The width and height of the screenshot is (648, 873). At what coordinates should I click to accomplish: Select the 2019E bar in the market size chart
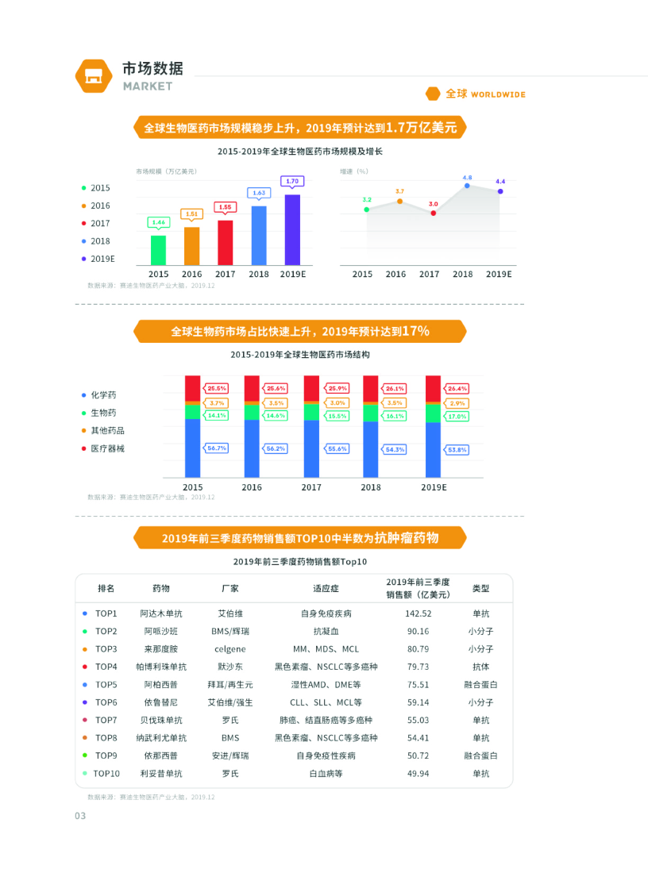click(x=292, y=229)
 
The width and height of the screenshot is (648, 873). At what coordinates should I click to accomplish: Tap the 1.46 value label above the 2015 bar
click(x=159, y=222)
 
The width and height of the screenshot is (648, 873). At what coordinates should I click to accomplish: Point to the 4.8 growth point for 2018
click(x=467, y=186)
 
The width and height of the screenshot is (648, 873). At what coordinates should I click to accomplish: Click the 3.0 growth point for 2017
click(x=434, y=213)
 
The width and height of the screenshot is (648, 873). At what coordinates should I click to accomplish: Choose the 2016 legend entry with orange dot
click(x=96, y=206)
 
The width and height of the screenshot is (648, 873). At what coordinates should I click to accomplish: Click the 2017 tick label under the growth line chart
click(x=429, y=275)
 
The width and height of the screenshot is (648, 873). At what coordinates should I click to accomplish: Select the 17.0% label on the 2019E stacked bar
click(x=457, y=416)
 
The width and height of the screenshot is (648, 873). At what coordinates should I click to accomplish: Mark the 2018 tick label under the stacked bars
click(x=372, y=487)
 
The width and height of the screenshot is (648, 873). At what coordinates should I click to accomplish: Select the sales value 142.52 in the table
click(x=418, y=613)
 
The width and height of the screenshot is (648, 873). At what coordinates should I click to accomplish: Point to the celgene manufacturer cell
click(x=229, y=649)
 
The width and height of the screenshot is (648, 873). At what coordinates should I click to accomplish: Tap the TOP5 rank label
click(x=106, y=684)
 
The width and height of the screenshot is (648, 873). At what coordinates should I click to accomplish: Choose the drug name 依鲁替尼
click(x=160, y=702)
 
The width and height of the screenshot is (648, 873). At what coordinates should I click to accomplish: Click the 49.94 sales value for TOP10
click(x=418, y=773)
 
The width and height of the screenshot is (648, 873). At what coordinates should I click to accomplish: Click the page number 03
click(x=80, y=816)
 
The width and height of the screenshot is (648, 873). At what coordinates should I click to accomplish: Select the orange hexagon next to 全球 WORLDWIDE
click(x=433, y=94)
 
